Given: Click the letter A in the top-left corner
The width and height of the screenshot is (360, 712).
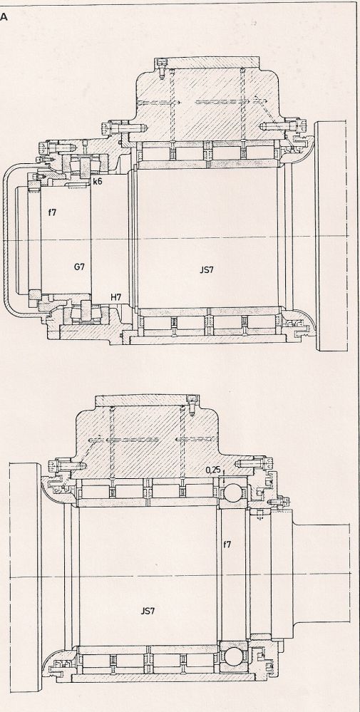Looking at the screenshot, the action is [4, 17].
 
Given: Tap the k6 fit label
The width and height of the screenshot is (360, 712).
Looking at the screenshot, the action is [97, 182].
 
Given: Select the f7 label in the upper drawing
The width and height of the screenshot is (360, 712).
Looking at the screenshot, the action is [52, 212].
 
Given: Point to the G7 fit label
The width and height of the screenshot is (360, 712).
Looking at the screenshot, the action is [79, 267].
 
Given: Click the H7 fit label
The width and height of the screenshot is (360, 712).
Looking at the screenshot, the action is [116, 297].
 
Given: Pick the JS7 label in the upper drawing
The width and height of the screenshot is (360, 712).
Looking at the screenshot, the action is [207, 269].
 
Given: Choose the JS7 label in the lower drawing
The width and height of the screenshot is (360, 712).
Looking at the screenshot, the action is [148, 611].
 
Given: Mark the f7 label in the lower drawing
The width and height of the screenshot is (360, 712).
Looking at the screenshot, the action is [227, 544].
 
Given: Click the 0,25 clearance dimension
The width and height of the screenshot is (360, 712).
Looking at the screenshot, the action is [213, 470].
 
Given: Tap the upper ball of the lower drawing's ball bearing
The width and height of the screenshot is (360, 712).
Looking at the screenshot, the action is [235, 492].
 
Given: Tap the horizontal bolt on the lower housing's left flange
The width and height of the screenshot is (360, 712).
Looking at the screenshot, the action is [68, 465].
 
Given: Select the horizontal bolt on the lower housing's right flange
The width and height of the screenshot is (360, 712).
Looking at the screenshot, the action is [254, 463].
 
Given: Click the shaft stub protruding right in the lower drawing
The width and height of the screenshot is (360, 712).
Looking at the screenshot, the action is [322, 574].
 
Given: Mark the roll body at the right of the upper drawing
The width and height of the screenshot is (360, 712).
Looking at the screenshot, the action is [331, 236].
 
